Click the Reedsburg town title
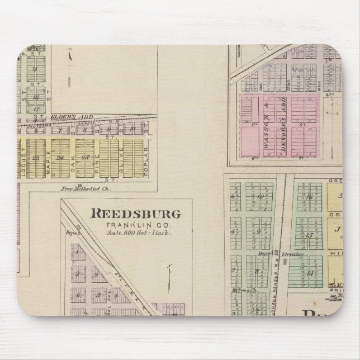tap(136, 213)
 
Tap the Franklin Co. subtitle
tap(136, 225)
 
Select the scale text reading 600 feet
tap(138, 232)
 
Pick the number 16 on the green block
tap(308, 197)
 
